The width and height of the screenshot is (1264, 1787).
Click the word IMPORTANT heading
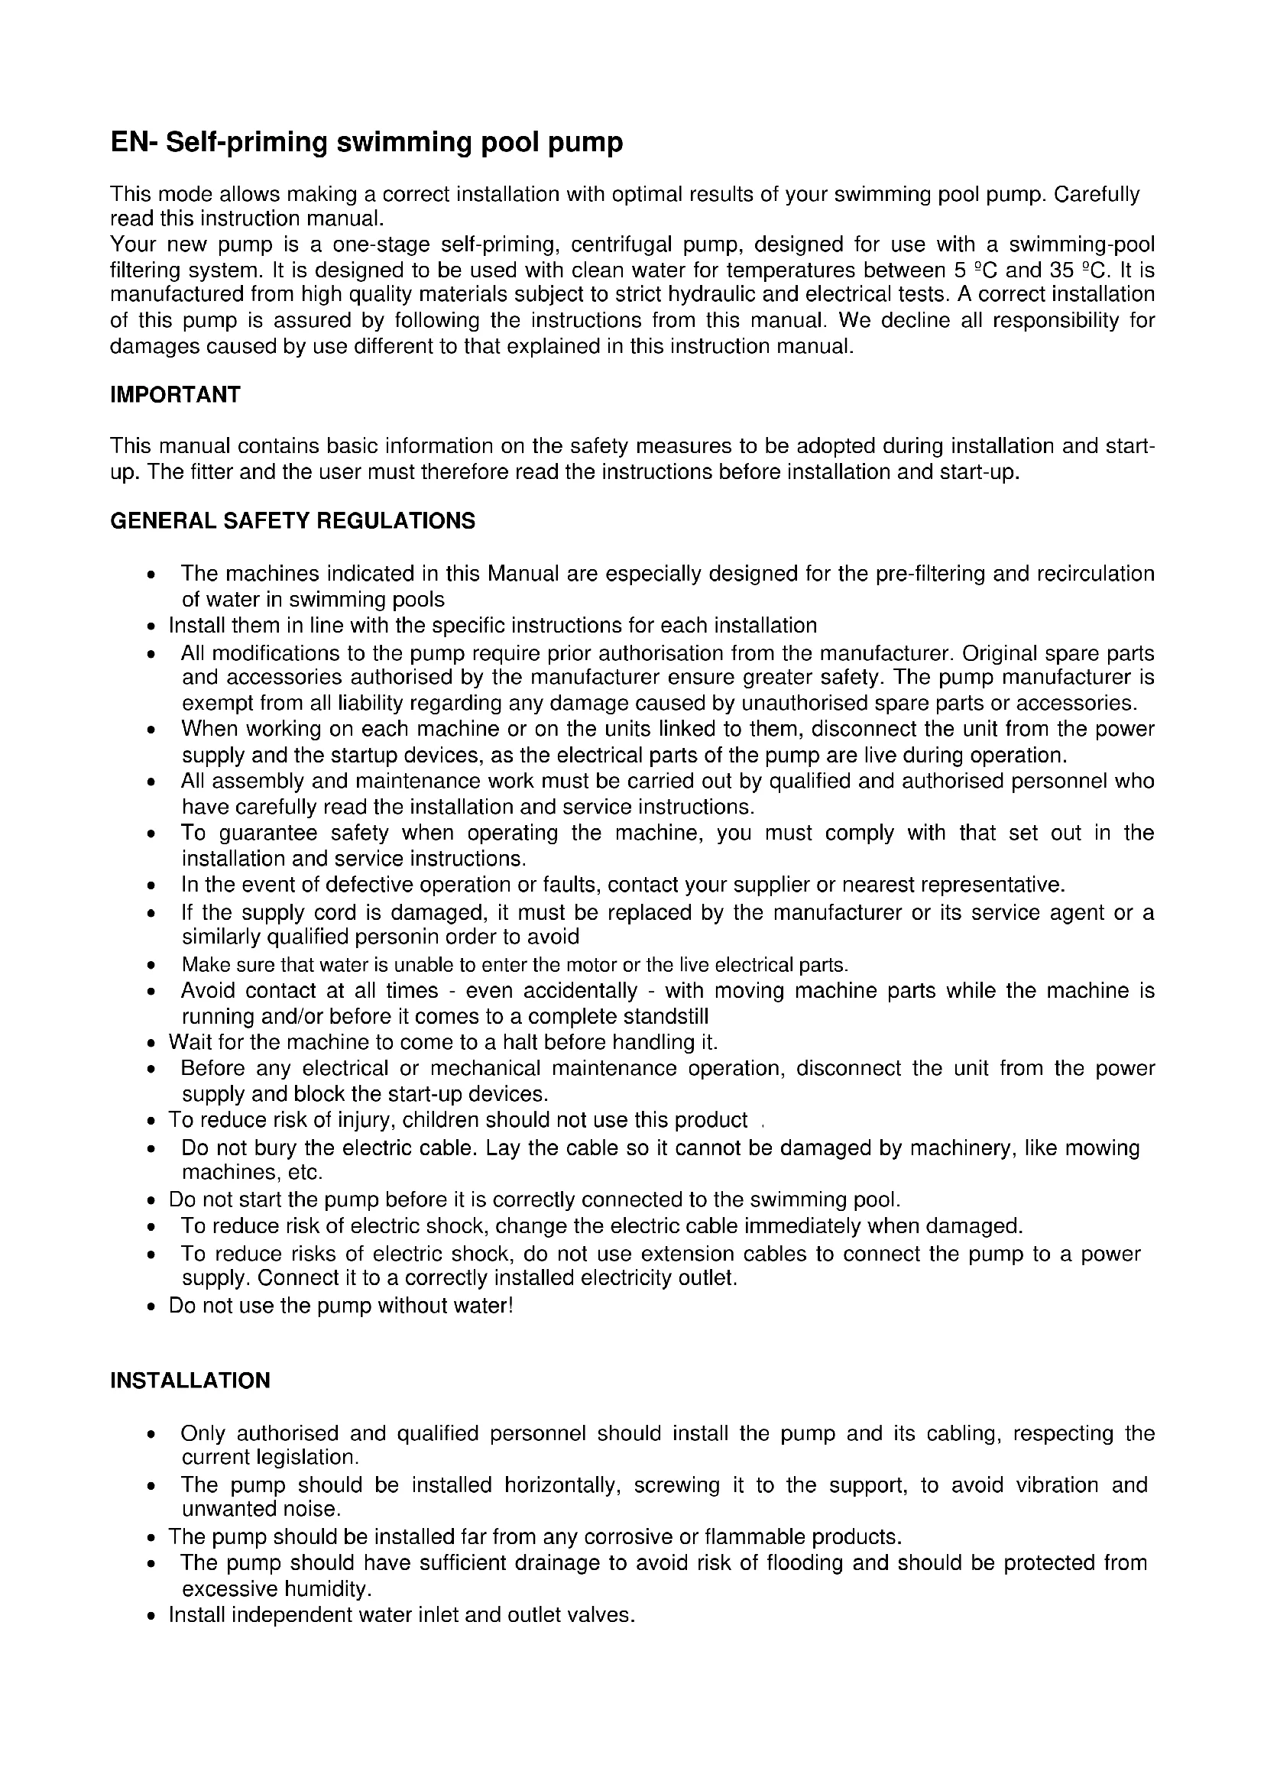point(175,394)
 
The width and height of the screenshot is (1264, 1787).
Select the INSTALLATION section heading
point(190,1380)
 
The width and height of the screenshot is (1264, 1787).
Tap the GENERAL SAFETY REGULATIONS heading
point(293,521)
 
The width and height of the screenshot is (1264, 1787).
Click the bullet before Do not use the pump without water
point(151,1306)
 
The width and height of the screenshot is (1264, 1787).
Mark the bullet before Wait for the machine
point(151,1043)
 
